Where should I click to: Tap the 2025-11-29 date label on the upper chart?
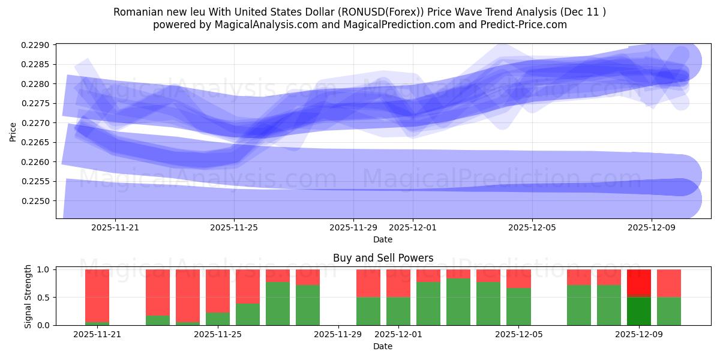point(353,228)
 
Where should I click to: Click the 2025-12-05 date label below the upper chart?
point(532,228)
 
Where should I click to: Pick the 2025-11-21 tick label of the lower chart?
point(97,335)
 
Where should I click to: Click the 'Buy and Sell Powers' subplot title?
point(383,258)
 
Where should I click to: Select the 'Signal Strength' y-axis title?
point(28,296)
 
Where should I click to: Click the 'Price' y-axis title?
point(13,131)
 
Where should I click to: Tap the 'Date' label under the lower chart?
point(383,346)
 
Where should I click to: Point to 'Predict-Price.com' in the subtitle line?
point(527,25)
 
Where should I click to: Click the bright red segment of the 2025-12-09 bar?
point(639,283)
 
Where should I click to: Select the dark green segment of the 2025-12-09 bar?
point(639,311)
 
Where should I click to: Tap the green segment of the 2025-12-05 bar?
point(518,307)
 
